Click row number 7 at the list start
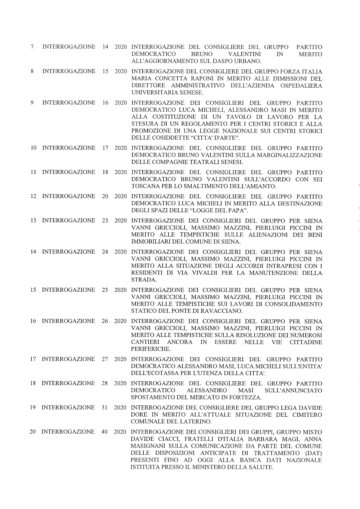pos(33,47)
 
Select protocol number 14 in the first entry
pos(105,47)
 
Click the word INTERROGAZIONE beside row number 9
pos(69,103)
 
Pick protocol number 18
pos(105,172)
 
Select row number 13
pos(33,221)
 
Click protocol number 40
pos(105,432)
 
